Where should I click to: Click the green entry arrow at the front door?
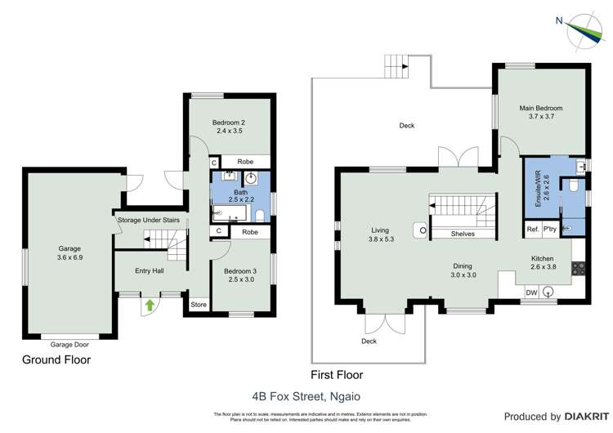[x=150, y=306]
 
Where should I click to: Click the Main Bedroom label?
[x=540, y=112]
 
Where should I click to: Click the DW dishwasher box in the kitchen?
[x=531, y=292]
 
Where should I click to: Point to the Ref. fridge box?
[x=532, y=229]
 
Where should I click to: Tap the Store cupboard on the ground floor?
[x=199, y=305]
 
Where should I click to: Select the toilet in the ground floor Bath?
[x=259, y=215]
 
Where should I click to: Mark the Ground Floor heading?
[x=56, y=359]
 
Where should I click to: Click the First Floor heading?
[x=338, y=375]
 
